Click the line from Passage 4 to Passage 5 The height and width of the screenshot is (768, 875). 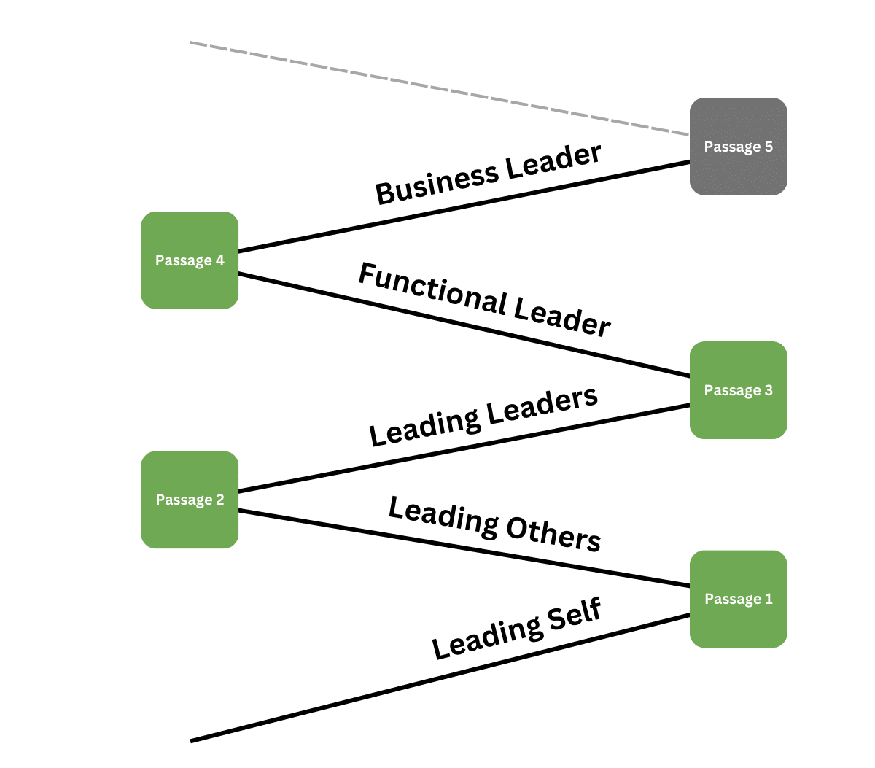point(464,207)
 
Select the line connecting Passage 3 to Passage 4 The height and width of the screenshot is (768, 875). point(464,325)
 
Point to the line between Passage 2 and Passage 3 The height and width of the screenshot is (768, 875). point(464,448)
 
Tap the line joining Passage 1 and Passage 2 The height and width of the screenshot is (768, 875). point(464,548)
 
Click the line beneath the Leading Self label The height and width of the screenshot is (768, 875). point(437,679)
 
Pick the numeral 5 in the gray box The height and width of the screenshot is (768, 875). point(768,147)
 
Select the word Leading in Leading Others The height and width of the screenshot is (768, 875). point(443,515)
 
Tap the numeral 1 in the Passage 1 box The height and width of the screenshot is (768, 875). point(768,599)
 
